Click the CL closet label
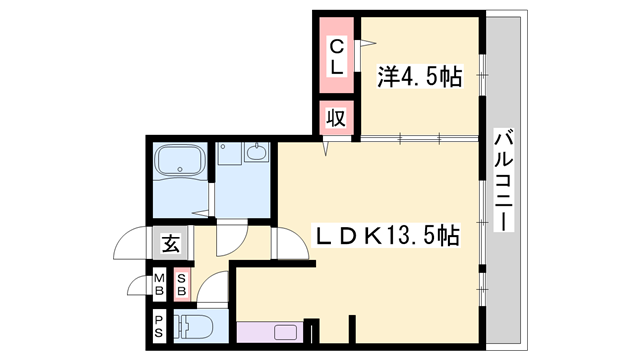coord(337,56)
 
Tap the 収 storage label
coord(336,118)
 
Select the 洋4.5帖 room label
coord(420,76)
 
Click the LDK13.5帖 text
coord(386,236)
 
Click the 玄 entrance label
coord(170,243)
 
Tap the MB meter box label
coord(159,284)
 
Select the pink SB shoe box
coord(182,284)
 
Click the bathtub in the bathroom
coord(180,161)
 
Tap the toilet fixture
coord(193,327)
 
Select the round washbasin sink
coord(257,152)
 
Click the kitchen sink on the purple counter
coord(285,332)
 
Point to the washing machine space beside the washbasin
coord(230,153)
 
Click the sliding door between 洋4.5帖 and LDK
coord(419,138)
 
